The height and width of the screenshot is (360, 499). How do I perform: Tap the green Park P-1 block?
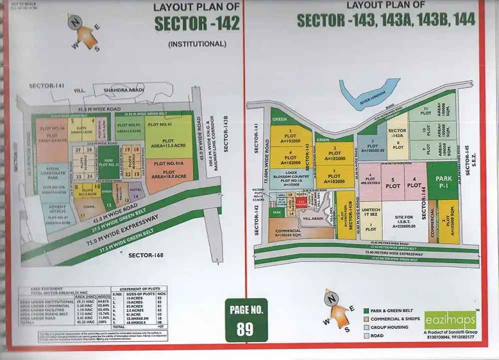pyautogui.click(x=443, y=181)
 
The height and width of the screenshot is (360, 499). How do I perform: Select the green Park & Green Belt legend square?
pyautogui.click(x=366, y=310)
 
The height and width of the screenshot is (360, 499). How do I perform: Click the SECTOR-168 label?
pyautogui.click(x=146, y=255)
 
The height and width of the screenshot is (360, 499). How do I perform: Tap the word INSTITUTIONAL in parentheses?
pyautogui.click(x=197, y=44)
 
